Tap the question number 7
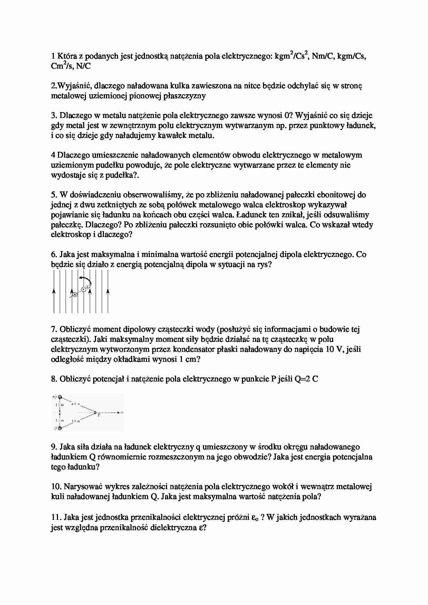click(53, 329)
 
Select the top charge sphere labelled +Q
click(60, 397)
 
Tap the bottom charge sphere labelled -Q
click(60, 428)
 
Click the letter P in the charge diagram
click(99, 415)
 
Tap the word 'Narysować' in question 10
click(81, 487)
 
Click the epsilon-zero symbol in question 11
click(255, 517)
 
